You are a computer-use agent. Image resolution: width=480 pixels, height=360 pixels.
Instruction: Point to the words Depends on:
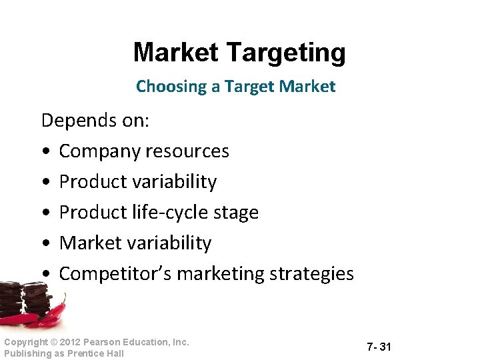coord(95,121)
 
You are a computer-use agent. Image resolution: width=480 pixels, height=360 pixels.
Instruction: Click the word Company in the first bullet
coord(101,151)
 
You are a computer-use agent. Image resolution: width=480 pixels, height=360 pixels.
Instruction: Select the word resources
coord(188,151)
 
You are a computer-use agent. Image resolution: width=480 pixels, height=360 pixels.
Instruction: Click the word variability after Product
coord(176,182)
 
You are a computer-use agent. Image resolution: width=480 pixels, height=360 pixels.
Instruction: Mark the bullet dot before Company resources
coord(44,152)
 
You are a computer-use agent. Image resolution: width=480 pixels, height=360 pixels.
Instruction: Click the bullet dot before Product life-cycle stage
coord(44,213)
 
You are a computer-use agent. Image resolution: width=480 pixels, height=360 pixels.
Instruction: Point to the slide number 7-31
coord(379,347)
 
